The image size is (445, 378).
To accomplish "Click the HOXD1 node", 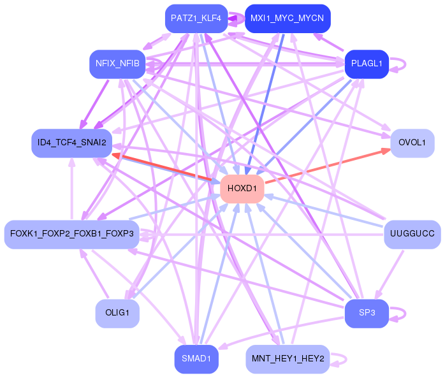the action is click(242, 189).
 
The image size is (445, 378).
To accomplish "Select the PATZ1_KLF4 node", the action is click(196, 18).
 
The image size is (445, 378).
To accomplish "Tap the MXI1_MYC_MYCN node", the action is click(288, 18).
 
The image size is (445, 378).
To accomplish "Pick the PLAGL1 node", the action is click(367, 64).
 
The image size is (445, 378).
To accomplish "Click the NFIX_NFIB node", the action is click(117, 64).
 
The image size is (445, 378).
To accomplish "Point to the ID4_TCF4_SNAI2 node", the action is click(72, 143).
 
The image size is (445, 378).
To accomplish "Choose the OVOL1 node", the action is click(412, 143).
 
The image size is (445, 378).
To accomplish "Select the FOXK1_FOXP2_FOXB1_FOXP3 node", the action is click(72, 235).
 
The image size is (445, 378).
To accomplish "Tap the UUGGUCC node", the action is click(412, 235).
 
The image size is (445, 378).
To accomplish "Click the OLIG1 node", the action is click(117, 314).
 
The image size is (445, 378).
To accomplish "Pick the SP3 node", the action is click(367, 314).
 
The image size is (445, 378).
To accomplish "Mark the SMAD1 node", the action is click(196, 360).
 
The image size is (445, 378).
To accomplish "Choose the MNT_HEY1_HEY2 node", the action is click(288, 360).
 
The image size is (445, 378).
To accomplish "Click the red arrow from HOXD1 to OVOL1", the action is click(328, 166).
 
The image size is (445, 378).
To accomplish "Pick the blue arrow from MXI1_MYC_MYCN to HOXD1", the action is click(265, 105).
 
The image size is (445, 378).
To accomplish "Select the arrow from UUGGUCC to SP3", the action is click(389, 275).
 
